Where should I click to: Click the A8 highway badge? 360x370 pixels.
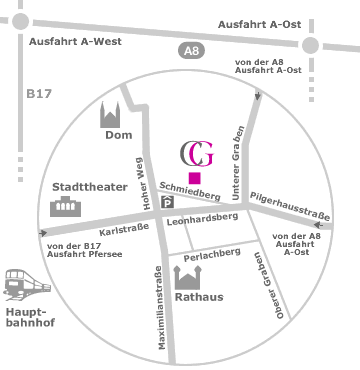click(x=191, y=51)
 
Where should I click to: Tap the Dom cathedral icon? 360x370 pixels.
click(x=110, y=115)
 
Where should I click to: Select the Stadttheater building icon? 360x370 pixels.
click(x=66, y=207)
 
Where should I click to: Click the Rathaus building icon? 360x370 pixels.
click(x=187, y=278)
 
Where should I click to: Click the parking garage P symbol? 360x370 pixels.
click(x=168, y=203)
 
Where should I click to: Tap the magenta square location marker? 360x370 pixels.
click(x=195, y=178)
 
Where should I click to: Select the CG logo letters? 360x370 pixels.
click(x=197, y=154)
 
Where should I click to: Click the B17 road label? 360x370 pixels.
click(x=39, y=94)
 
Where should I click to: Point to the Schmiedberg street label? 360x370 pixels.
click(x=190, y=191)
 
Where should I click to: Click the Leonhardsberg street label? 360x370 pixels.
click(x=202, y=219)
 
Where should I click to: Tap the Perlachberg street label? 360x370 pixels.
click(x=212, y=255)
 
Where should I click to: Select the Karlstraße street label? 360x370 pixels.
click(x=124, y=230)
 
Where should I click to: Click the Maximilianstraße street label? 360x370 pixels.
click(x=161, y=308)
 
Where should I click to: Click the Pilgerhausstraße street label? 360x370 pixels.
click(x=290, y=206)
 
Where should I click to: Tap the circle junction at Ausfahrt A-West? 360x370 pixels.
click(x=21, y=21)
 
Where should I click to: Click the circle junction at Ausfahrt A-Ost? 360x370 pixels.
click(x=310, y=45)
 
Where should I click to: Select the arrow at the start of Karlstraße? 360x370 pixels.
click(x=43, y=233)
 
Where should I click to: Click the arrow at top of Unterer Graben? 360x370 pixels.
click(x=258, y=96)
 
